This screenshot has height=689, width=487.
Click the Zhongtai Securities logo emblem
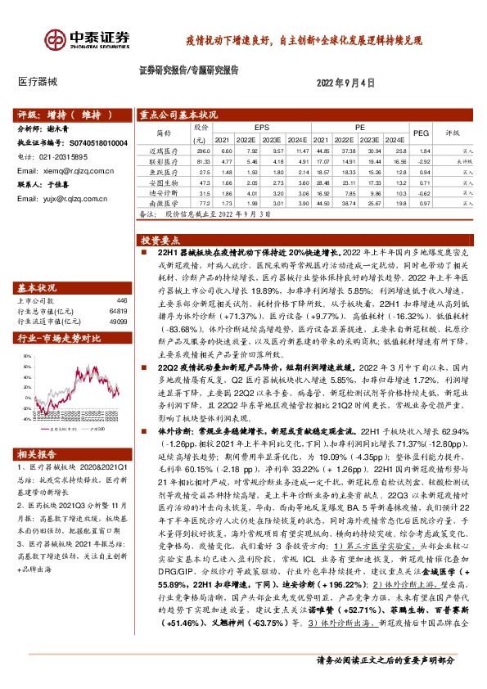tap(56, 38)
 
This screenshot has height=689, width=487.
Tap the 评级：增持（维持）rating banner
tap(57, 115)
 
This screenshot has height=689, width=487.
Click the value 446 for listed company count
tap(122, 301)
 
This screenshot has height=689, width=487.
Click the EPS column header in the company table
tap(261, 128)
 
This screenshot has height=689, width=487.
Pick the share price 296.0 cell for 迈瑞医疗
tap(204, 151)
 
